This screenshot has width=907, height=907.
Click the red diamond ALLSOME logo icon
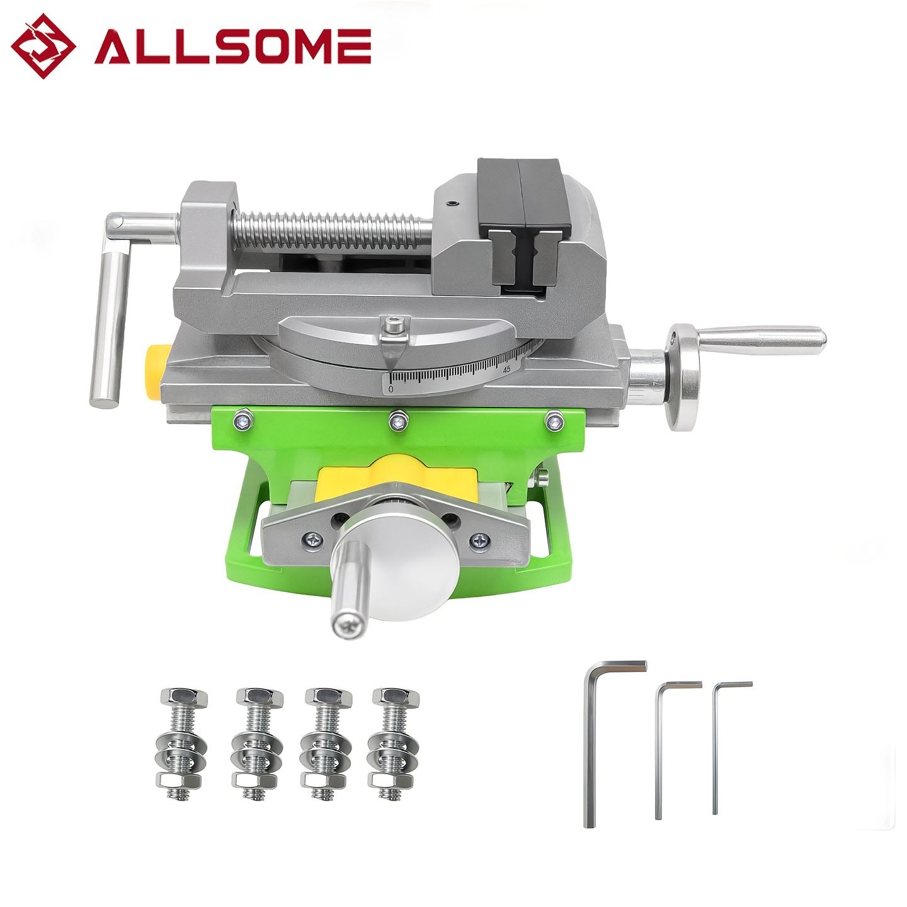pos(44,46)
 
